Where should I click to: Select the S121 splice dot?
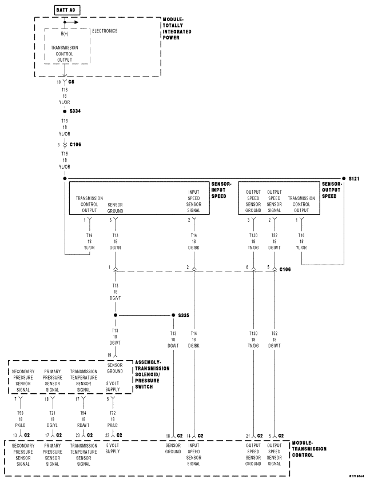[x=344, y=178]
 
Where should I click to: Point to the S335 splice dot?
[x=173, y=315]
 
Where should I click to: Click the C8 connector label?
[x=71, y=82]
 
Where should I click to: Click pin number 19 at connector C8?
[x=58, y=82]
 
